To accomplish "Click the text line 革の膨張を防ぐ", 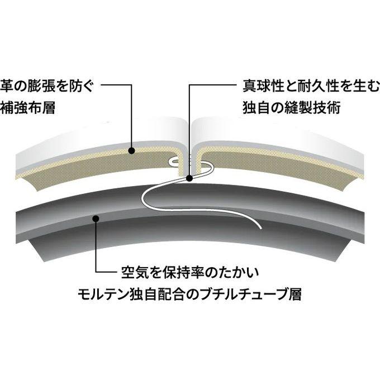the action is [x=47, y=87].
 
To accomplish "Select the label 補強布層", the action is [x=27, y=108].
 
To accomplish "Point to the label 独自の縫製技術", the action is [x=292, y=108].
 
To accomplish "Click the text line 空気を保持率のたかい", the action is [x=190, y=273].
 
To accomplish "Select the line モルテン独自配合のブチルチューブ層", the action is [x=190, y=294].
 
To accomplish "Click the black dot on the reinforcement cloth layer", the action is [x=131, y=151].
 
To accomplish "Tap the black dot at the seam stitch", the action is [x=189, y=179].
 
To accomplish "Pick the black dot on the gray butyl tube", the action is [x=96, y=218].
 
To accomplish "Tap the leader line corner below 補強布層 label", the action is [x=131, y=85].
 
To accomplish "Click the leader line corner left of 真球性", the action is [x=189, y=85].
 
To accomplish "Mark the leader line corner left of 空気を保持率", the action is [x=96, y=272].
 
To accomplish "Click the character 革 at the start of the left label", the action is [x=7, y=87].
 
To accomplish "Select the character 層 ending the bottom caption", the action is [x=295, y=294].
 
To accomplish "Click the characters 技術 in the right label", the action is [x=327, y=108].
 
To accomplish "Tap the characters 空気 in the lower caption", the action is [x=135, y=273].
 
